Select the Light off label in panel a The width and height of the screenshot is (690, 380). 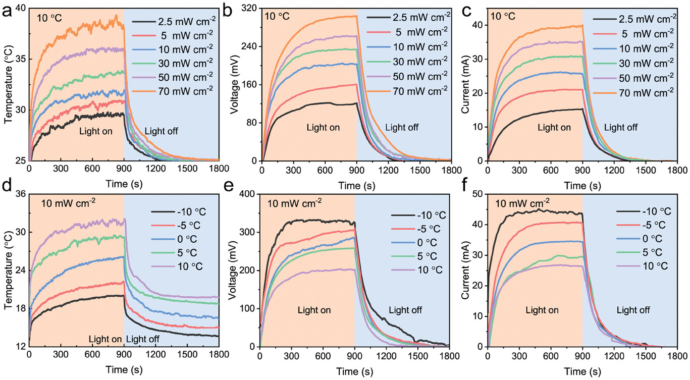point(162,132)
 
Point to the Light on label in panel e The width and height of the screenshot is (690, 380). point(314,310)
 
